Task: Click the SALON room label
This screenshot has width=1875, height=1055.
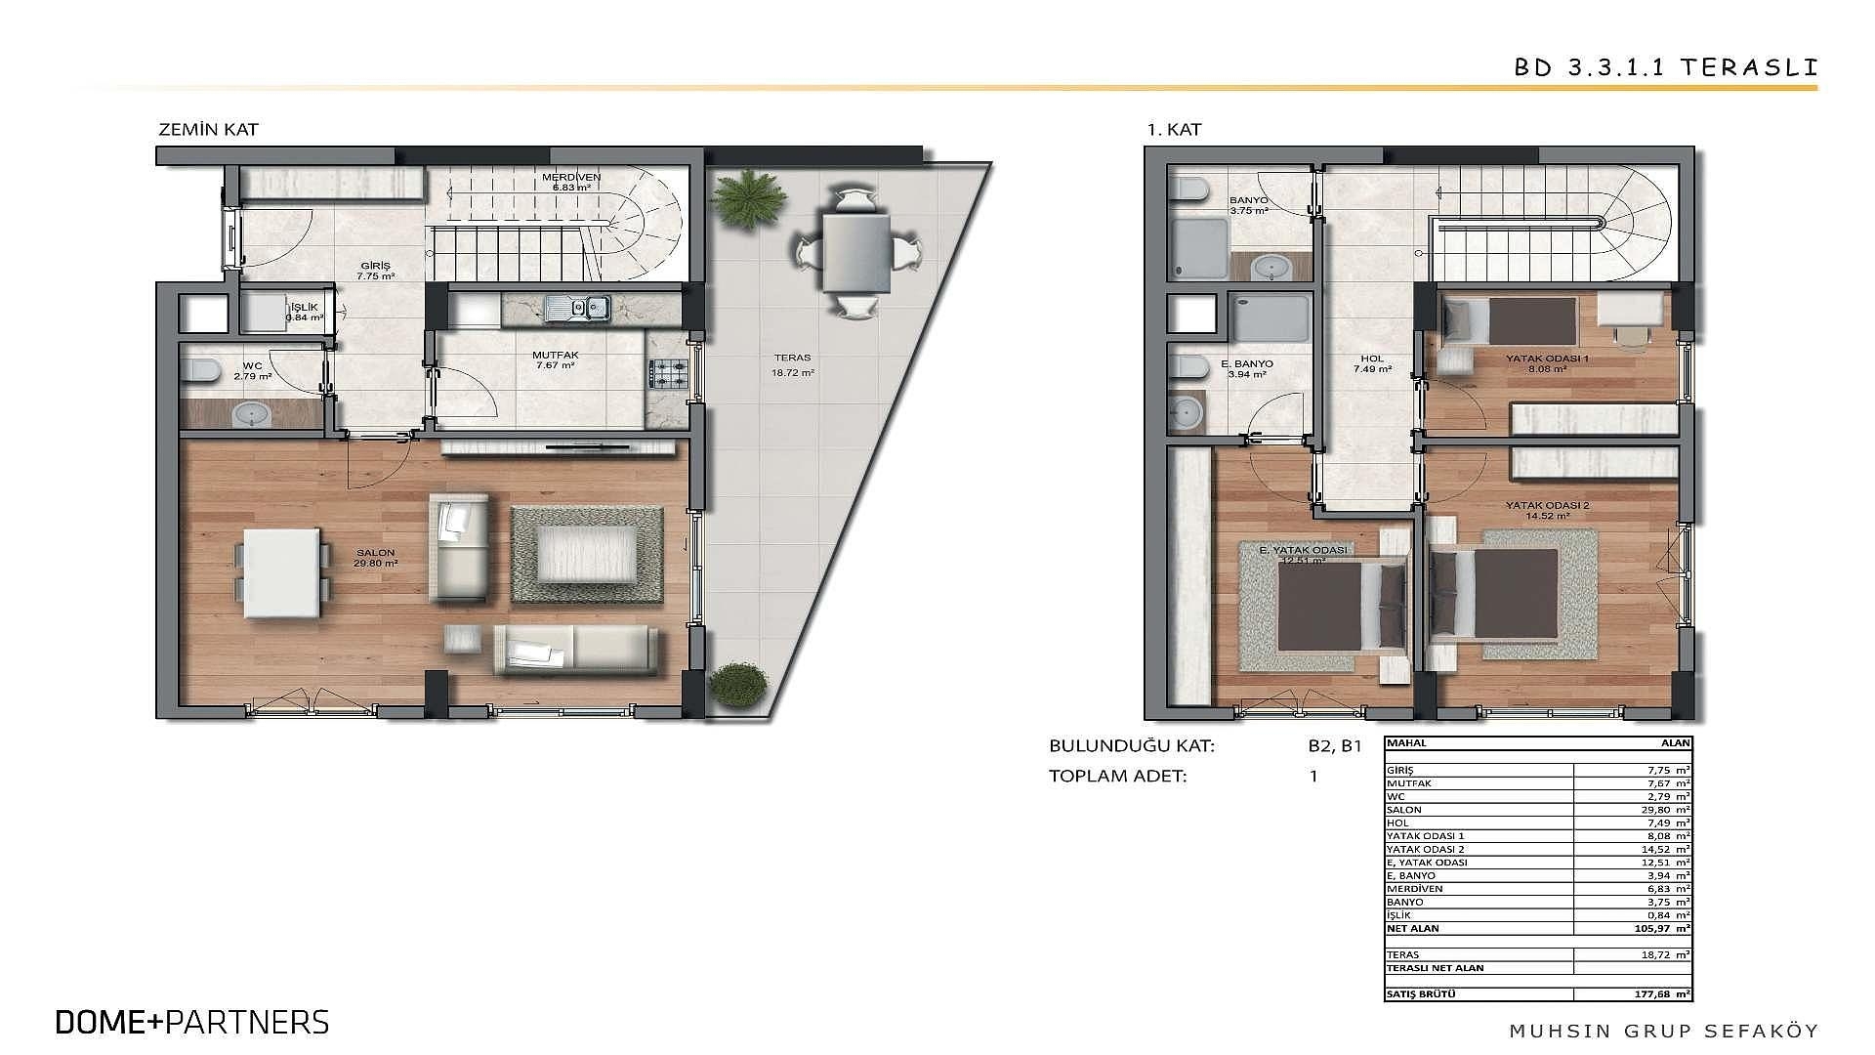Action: [x=375, y=553]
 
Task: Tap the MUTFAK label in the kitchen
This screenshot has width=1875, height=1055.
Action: [x=553, y=356]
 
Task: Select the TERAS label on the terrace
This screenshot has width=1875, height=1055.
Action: [x=792, y=358]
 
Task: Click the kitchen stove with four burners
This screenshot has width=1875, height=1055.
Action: [x=668, y=370]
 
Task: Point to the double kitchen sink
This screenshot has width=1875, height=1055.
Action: [x=577, y=309]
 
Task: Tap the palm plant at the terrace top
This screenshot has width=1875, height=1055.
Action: [x=748, y=196]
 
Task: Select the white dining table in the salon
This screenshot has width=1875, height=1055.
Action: [x=282, y=572]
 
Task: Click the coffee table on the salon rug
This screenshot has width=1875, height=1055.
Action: [x=586, y=555]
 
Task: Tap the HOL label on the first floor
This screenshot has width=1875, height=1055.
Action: [x=1372, y=359]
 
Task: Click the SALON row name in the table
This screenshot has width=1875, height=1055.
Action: [x=1404, y=810]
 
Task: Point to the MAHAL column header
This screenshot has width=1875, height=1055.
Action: [x=1406, y=743]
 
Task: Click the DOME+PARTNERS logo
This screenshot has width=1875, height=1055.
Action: [x=192, y=1022]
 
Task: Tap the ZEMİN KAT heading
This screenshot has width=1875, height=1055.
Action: [x=208, y=129]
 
